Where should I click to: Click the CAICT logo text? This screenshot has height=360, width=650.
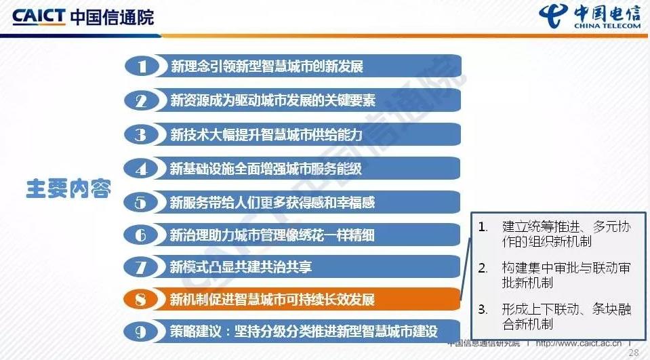[x=39, y=16]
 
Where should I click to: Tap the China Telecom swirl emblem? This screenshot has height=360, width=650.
[x=554, y=17]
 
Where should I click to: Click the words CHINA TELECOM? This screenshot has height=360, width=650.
[x=607, y=26]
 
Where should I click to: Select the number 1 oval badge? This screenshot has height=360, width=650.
[x=142, y=66]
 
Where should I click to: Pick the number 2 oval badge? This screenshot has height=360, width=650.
[x=142, y=101]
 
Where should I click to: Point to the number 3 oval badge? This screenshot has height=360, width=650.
[x=141, y=135]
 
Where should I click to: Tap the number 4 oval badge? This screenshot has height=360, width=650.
[x=141, y=169]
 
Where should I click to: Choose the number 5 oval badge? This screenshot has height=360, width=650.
[x=141, y=203]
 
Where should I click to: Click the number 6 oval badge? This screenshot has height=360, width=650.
[x=141, y=235]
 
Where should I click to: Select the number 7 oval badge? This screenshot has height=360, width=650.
[x=141, y=267]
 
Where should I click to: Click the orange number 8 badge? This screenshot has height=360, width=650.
[x=141, y=300]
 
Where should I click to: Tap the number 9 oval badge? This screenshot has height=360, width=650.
[x=141, y=332]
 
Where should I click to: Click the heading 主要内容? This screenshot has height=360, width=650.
[x=68, y=188]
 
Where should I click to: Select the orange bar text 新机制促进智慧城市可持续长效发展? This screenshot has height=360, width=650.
[x=272, y=300]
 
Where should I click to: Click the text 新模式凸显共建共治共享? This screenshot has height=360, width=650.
[x=241, y=267]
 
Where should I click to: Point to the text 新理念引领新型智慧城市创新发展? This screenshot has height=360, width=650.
[x=267, y=66]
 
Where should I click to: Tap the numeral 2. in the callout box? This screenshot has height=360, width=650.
[x=483, y=268]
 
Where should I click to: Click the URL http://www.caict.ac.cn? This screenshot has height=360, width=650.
[x=579, y=343]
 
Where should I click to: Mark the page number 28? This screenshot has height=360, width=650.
[x=634, y=353]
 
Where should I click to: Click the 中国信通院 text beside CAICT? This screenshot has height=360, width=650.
[x=112, y=17]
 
